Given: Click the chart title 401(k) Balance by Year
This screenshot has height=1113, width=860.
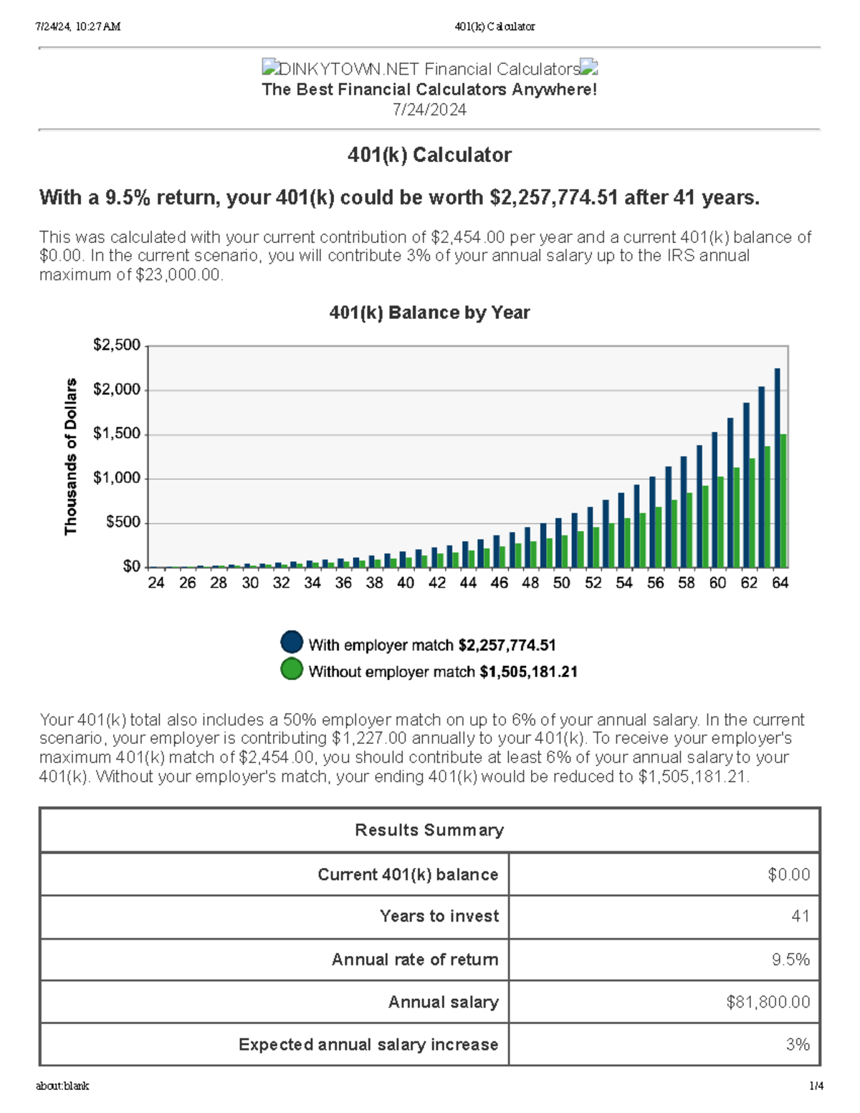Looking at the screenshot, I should [x=429, y=312].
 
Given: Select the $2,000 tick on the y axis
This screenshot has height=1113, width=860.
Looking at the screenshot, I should [x=117, y=390].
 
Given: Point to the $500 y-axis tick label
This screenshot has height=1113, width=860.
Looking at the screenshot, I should [x=123, y=522].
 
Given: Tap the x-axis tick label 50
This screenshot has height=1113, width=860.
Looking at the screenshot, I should [x=561, y=583].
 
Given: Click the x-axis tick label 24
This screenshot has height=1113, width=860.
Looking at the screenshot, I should [x=156, y=583].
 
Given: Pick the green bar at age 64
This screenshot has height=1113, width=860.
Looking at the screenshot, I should [x=784, y=502].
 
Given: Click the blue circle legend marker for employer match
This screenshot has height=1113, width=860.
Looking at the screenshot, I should [x=292, y=642].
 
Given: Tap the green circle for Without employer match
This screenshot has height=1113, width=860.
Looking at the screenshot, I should [x=292, y=669].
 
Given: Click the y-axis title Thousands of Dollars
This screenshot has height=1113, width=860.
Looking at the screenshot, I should [x=70, y=457].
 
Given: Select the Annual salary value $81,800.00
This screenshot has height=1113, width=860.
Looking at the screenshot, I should [x=768, y=1002].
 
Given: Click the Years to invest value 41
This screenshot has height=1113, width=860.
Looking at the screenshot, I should [x=800, y=916].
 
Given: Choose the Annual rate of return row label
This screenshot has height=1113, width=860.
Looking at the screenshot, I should [x=415, y=960].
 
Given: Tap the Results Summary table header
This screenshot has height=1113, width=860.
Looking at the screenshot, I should [x=429, y=830].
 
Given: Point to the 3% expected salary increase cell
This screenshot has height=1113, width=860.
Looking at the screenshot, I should [x=798, y=1044].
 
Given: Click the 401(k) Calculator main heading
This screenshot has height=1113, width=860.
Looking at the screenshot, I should [x=429, y=155].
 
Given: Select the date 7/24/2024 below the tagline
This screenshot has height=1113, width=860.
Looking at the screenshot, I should [x=429, y=110].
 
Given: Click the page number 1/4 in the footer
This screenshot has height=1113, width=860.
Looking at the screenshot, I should [x=816, y=1086].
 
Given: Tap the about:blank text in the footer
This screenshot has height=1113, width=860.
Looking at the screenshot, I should [x=62, y=1086].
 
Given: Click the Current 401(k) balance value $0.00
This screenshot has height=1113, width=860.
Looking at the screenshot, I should [x=788, y=874].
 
